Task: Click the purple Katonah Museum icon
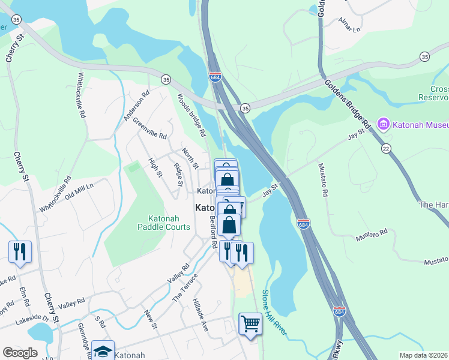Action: coord(383,125)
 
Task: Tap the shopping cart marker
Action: coord(250,324)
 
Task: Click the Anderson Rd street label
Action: coord(136,106)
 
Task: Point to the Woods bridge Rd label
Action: coord(191,115)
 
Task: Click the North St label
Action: coord(190,158)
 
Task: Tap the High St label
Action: coord(155,167)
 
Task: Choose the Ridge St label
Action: coord(177,170)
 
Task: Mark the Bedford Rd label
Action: coord(212,232)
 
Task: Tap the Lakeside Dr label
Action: coord(31,318)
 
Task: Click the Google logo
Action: coord(20,353)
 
